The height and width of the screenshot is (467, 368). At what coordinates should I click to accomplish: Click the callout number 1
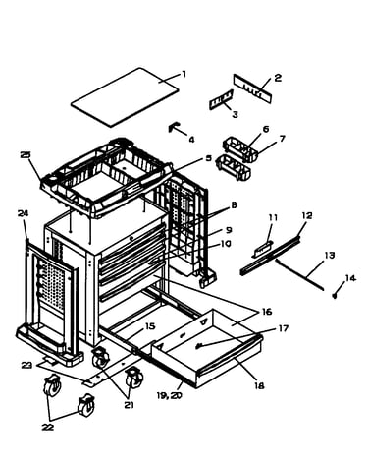point(184,74)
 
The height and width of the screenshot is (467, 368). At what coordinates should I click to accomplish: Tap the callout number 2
point(278,78)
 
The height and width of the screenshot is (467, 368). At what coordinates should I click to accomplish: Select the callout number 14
point(350,278)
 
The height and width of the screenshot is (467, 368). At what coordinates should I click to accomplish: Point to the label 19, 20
point(169,395)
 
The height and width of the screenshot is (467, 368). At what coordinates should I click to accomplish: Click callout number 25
point(26,154)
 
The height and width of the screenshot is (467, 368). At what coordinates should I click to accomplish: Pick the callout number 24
point(23,213)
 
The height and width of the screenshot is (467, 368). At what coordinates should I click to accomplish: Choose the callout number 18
point(259,386)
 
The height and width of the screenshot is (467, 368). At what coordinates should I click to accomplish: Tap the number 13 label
point(330,255)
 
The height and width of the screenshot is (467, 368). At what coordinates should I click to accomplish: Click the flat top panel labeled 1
point(126,97)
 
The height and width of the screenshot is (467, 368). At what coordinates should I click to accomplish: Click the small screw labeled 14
point(335,296)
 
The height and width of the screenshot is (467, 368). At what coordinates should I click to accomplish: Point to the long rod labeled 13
point(299,274)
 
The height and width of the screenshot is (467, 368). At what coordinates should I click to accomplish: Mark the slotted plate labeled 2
point(253,88)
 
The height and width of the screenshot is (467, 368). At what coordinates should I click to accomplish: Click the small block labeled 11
point(263,250)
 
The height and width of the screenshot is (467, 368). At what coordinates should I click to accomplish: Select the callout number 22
point(47,427)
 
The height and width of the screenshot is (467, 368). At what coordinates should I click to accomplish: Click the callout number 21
point(129,405)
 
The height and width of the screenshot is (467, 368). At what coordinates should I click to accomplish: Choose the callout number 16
point(267,312)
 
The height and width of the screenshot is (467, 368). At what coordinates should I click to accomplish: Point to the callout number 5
point(209,158)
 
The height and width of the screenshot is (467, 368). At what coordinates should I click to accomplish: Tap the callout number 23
point(27,365)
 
